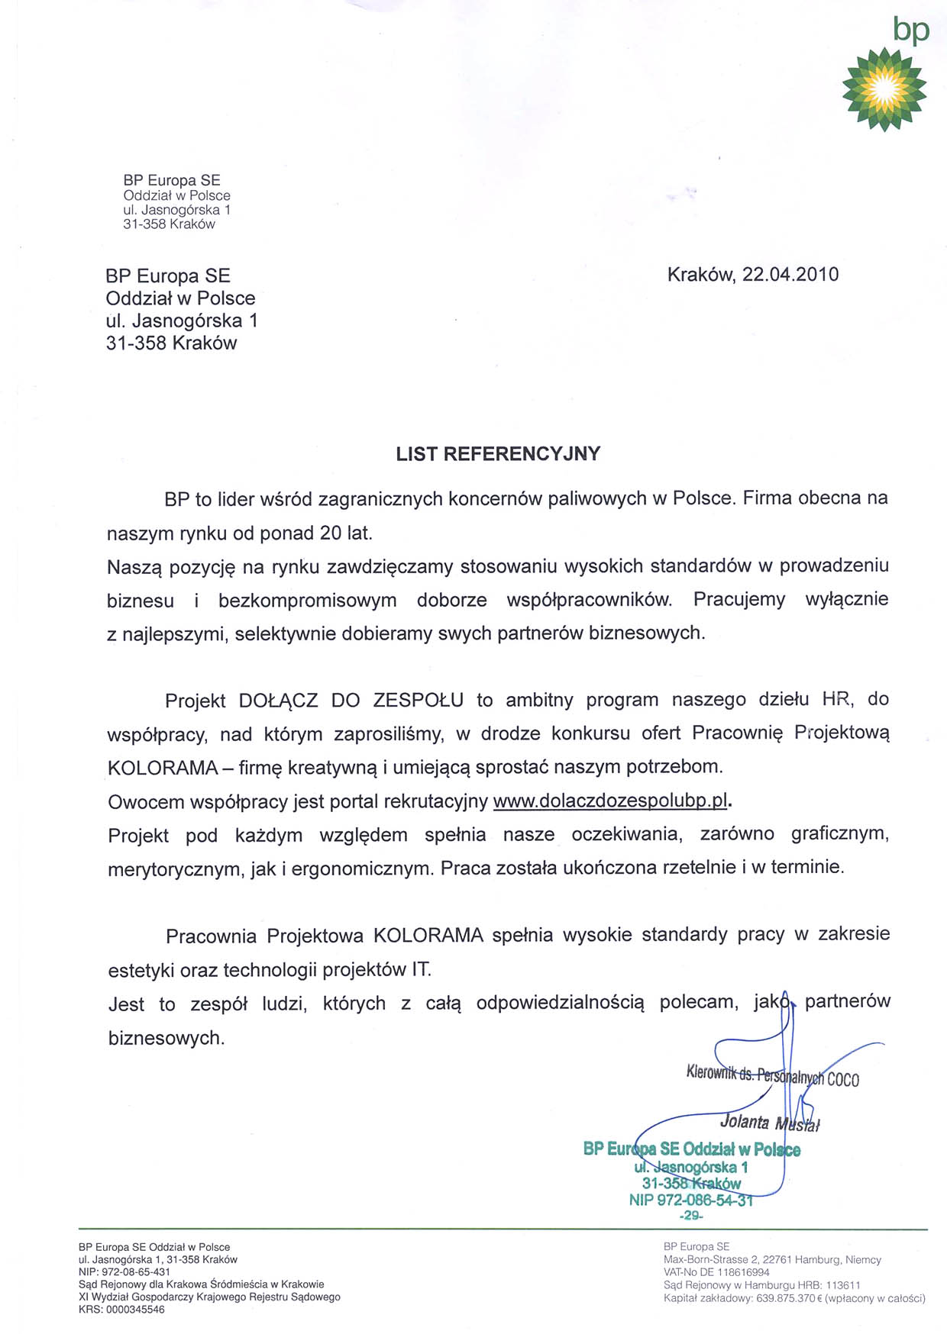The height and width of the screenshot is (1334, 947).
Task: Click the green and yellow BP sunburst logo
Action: tap(884, 88)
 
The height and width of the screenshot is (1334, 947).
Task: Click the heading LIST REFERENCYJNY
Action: tap(498, 454)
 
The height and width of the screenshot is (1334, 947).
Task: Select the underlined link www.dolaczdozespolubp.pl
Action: tap(610, 801)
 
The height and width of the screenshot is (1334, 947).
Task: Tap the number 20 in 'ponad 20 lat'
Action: tap(331, 533)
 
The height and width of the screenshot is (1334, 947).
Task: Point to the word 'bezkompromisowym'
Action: tap(307, 600)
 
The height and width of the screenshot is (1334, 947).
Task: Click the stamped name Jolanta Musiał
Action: tap(769, 1123)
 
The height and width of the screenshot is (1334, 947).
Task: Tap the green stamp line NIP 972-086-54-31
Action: tap(691, 1200)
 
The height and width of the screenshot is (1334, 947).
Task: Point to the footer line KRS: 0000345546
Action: tap(121, 1310)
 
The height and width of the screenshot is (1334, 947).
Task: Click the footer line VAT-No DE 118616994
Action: tap(716, 1272)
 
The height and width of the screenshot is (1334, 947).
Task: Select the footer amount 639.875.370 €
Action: tap(788, 1298)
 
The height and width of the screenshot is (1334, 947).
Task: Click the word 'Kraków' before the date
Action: tap(700, 275)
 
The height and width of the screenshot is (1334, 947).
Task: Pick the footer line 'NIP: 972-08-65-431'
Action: tap(124, 1272)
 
